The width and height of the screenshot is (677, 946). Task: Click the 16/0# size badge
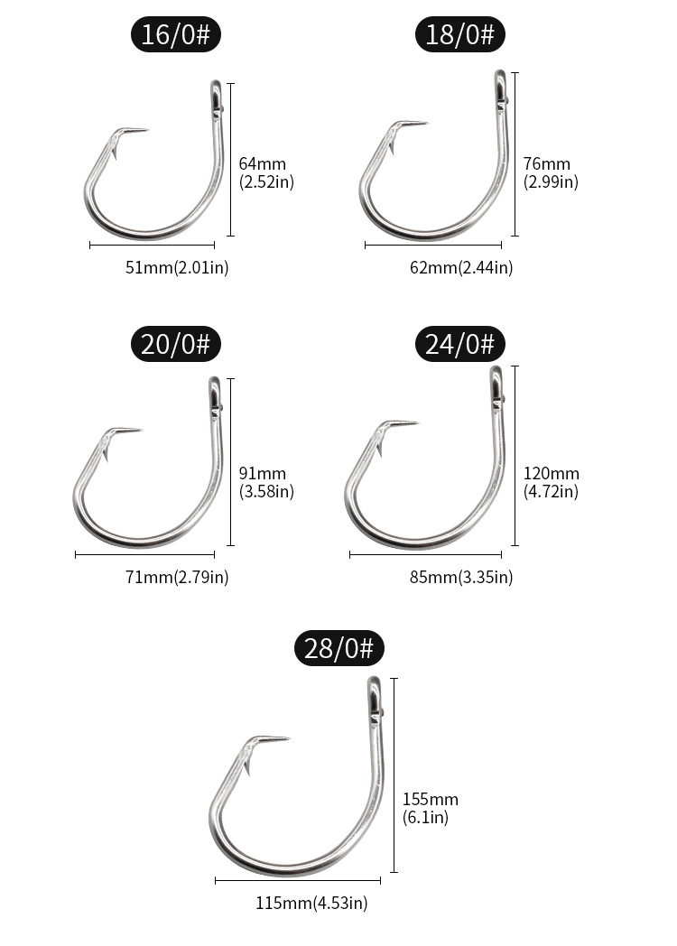[x=176, y=33]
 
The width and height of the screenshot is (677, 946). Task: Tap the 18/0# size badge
[x=459, y=33]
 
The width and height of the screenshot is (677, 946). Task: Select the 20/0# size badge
[x=176, y=344]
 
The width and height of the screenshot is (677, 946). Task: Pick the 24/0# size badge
[x=459, y=344]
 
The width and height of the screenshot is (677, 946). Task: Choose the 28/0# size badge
[x=339, y=648]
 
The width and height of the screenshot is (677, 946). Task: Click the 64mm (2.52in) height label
[x=266, y=172]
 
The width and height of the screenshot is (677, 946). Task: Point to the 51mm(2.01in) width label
[x=177, y=267]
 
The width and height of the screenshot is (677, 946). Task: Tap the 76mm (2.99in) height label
[x=551, y=172]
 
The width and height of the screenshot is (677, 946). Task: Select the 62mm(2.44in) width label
[x=461, y=267]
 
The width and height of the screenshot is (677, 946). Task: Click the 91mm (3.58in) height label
[x=266, y=482]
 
